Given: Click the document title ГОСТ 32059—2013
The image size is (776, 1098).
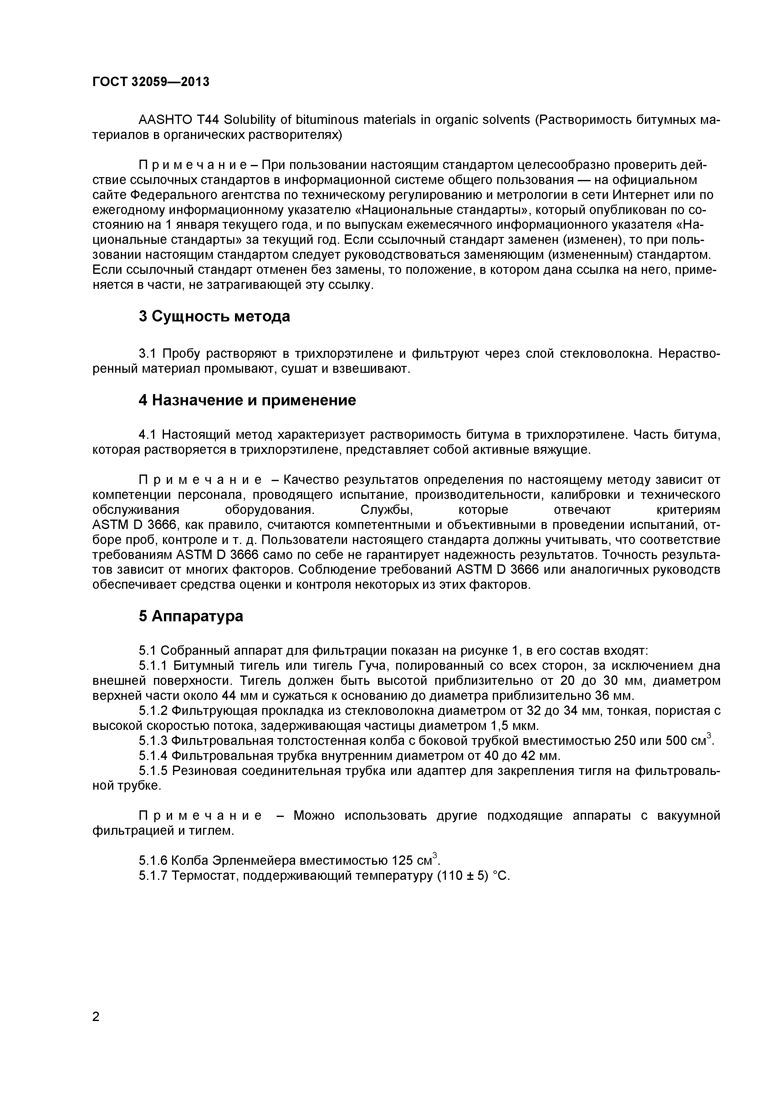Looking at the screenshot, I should pyautogui.click(x=151, y=82).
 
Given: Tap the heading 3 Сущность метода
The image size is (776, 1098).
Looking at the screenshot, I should pyautogui.click(x=214, y=316).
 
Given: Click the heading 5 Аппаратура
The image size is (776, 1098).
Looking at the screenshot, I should pyautogui.click(x=191, y=616).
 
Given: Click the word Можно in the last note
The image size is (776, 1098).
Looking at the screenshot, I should pyautogui.click(x=314, y=815).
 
